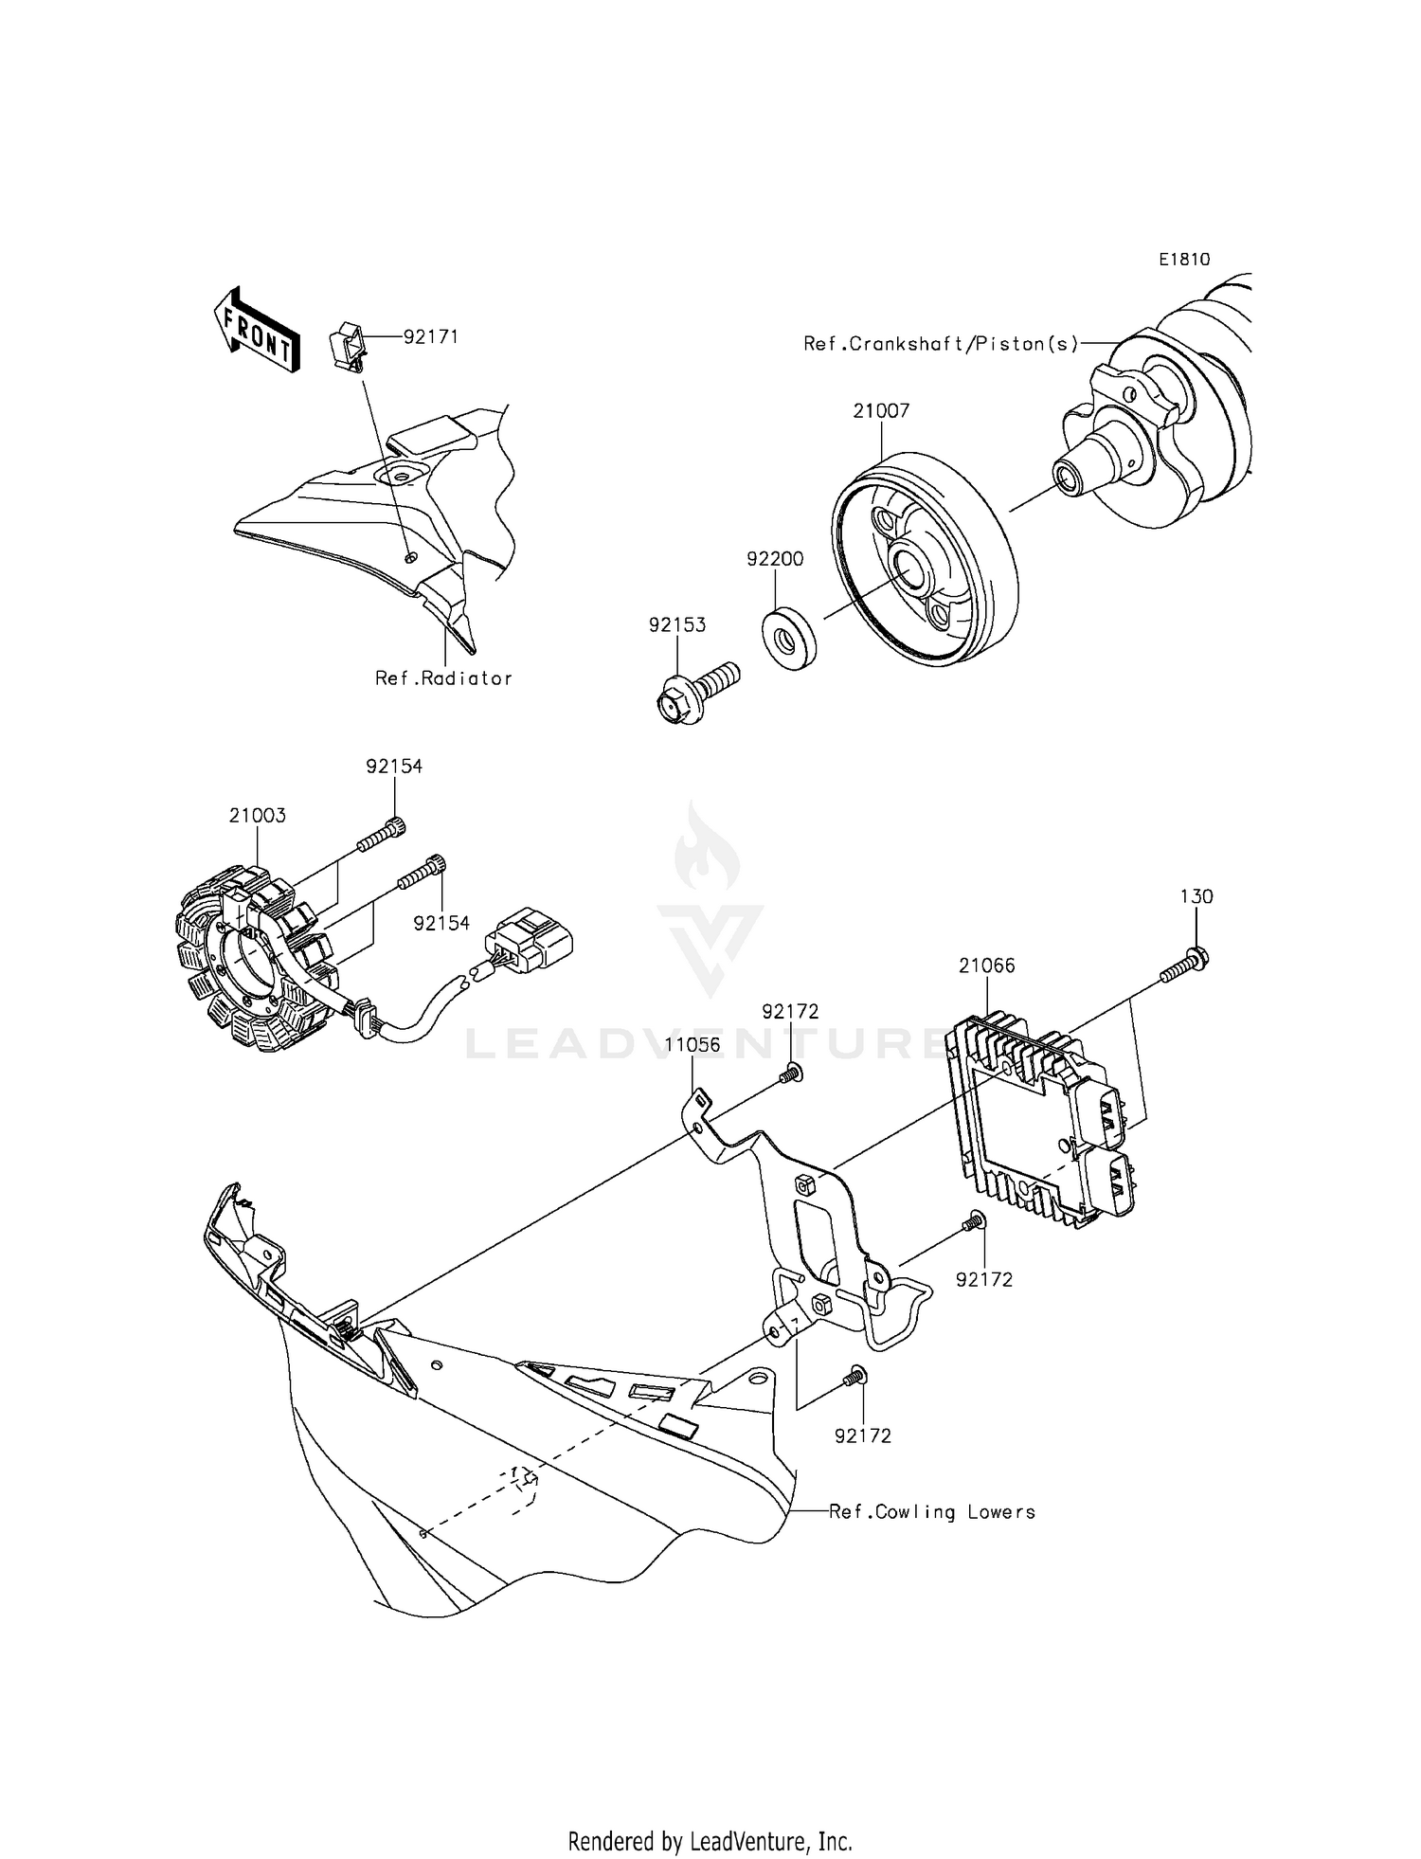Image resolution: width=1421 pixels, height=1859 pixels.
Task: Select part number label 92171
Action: [430, 336]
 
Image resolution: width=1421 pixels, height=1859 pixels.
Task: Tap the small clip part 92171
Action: [347, 346]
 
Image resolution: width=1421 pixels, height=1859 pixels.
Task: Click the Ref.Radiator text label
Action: [443, 678]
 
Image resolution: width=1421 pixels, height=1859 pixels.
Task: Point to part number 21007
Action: [881, 411]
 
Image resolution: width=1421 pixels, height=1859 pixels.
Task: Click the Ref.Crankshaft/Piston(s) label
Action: [941, 344]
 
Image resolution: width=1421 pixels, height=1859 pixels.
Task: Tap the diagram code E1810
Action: [1183, 259]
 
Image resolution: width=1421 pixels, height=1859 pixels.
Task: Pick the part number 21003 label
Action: [257, 816]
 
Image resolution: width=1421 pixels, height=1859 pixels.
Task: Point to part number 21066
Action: [986, 966]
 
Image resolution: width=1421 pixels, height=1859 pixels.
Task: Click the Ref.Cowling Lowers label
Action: [932, 1512]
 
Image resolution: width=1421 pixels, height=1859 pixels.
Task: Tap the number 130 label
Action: [1196, 896]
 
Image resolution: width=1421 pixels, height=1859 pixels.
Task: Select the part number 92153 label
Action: [677, 625]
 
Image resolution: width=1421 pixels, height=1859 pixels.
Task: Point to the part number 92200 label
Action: [775, 559]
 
